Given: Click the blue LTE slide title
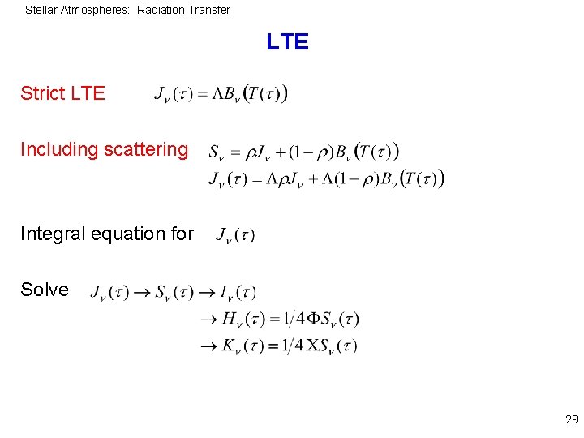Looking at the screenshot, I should point(287,42).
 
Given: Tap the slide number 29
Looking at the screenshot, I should point(571,419).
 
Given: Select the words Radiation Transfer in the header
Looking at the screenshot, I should point(183,11).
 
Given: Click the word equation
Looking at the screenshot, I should point(127,234).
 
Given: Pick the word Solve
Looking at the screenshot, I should point(45,290).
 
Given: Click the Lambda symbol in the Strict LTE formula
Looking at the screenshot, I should point(219,93).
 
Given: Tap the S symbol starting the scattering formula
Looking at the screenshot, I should point(215,152).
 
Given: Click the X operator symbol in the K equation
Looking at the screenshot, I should point(311,346).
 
